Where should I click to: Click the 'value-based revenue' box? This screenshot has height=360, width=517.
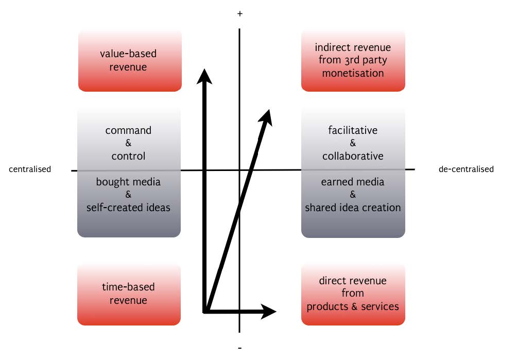tap(129, 61)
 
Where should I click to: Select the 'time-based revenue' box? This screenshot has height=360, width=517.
tap(129, 295)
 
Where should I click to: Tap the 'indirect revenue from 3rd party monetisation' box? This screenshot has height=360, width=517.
tap(353, 61)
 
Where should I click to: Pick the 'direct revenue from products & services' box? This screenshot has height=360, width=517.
tap(353, 295)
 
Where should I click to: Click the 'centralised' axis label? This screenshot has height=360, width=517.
tap(30, 169)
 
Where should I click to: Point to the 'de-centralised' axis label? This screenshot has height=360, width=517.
tap(466, 169)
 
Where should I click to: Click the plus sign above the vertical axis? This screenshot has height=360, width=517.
tap(239, 14)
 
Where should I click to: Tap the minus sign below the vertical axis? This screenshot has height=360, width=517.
tap(240, 347)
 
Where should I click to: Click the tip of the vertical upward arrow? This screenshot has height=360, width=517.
tap(205, 71)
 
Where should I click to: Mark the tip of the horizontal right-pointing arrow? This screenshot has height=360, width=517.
tap(275, 311)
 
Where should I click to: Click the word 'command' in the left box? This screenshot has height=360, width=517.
tap(128, 130)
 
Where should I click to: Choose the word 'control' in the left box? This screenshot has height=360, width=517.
tap(128, 156)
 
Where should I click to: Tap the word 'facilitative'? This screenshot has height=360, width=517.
tap(353, 130)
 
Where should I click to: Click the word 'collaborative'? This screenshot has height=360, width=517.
tap(353, 156)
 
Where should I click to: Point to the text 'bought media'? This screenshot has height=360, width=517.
tap(128, 182)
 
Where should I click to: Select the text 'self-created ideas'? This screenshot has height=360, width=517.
tap(128, 208)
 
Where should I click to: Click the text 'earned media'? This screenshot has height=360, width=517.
tap(353, 182)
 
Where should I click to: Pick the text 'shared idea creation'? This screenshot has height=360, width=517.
tap(353, 208)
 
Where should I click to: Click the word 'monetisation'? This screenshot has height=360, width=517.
tap(353, 73)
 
